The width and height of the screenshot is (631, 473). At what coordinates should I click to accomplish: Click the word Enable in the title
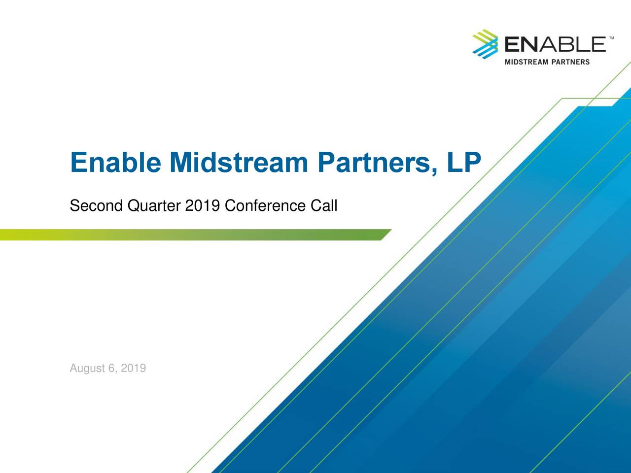115,163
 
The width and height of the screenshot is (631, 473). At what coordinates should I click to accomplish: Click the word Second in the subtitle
96,205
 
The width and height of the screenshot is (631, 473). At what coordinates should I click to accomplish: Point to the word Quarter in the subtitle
154,205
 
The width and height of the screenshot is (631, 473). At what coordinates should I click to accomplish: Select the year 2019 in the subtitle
202,205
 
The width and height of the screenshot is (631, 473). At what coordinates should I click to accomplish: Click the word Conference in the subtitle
265,205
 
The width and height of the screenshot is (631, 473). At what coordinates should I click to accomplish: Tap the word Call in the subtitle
324,205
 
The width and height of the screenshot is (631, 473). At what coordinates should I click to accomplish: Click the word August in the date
87,369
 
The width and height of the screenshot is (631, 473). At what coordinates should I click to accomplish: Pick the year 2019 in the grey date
133,369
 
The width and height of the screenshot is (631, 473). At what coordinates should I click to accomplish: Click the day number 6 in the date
111,369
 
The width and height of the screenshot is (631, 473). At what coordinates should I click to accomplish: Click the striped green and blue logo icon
486,44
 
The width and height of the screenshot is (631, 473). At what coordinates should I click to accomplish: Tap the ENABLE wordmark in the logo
555,45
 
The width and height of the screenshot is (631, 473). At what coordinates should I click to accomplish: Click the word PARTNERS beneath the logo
570,62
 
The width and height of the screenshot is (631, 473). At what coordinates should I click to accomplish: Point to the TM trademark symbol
611,38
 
